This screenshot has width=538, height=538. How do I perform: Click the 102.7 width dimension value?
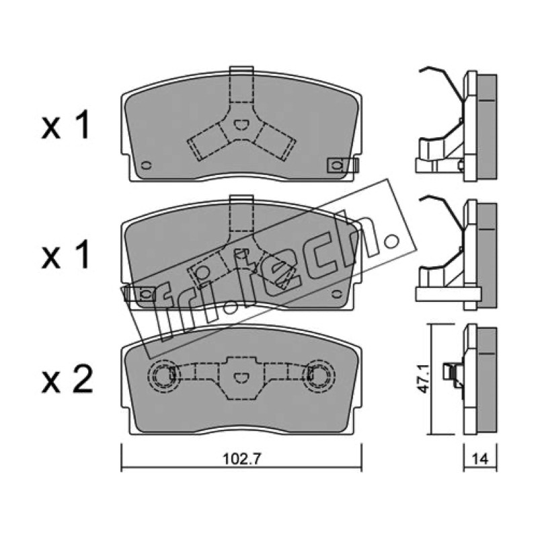(x=242, y=459)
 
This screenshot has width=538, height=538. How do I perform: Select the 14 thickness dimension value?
(x=480, y=459)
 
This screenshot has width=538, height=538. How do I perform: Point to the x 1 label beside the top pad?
(x=65, y=125)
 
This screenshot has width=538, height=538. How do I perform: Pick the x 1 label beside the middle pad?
(x=65, y=254)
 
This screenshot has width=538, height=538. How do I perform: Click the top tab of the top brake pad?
(x=241, y=71)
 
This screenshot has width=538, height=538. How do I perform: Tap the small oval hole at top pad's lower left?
(x=147, y=165)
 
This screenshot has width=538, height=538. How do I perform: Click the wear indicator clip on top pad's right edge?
(x=343, y=165)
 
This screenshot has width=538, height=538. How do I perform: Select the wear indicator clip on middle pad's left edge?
(x=140, y=294)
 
